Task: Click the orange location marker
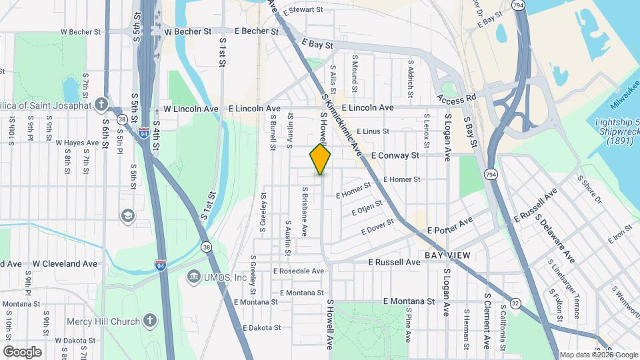(x=321, y=159)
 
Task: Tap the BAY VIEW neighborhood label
(x=447, y=255)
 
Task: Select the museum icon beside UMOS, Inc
(x=194, y=276)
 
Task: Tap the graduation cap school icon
(x=127, y=215)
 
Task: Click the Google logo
(x=22, y=351)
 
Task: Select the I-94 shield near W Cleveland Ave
(x=161, y=265)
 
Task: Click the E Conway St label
(x=394, y=155)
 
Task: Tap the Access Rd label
(x=457, y=97)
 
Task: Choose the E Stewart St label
(x=303, y=11)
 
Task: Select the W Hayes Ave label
(x=77, y=143)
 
